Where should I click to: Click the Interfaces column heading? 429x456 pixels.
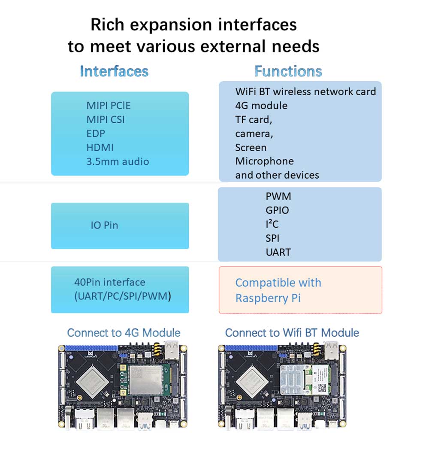pos(114,71)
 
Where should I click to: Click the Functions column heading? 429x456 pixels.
pos(288,71)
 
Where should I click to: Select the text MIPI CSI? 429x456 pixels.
pos(106,119)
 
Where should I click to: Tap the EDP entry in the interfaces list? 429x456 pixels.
pos(96,134)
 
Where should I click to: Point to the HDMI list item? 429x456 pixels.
pos(100,148)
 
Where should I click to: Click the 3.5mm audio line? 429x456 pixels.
pos(118,162)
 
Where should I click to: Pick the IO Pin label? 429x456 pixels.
pos(104,225)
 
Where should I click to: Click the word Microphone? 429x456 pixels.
pos(264,161)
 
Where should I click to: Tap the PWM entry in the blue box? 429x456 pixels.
pos(278,196)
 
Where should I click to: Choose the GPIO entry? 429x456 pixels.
pos(277,210)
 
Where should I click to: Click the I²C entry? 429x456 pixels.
pos(272,224)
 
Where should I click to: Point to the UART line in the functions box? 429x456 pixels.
pos(278,252)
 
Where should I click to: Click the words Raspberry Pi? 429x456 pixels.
pos(268,298)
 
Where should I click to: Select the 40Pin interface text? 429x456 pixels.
pos(109,283)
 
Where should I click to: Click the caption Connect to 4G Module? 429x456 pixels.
pos(124,333)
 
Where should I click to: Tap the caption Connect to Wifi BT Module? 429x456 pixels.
pos(292,333)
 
